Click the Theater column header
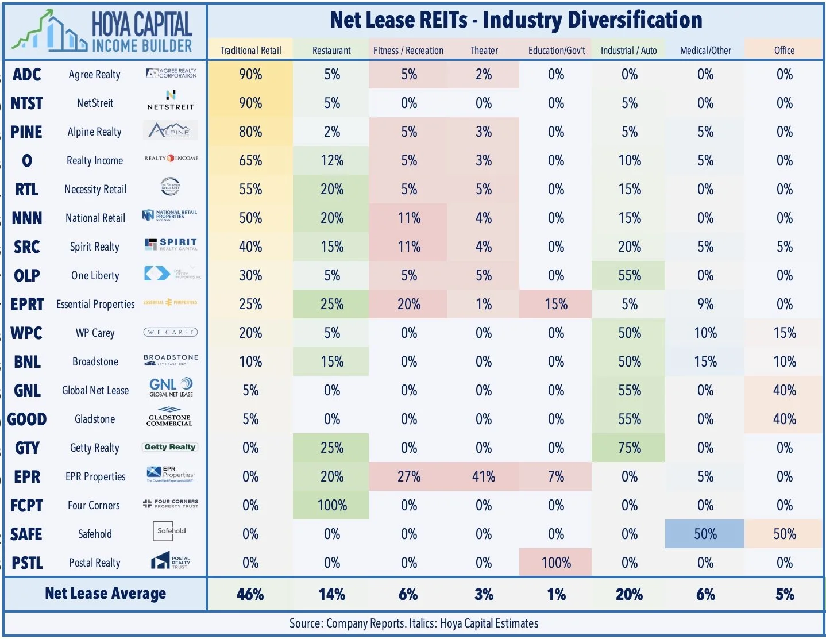pyautogui.click(x=484, y=51)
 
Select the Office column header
pyautogui.click(x=784, y=51)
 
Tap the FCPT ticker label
pyautogui.click(x=27, y=506)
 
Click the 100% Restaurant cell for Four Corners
pyautogui.click(x=332, y=506)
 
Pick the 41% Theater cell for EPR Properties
pyautogui.click(x=484, y=477)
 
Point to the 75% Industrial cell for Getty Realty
pyautogui.click(x=629, y=448)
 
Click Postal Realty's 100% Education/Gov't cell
pyautogui.click(x=556, y=563)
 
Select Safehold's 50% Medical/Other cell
pyautogui.click(x=705, y=534)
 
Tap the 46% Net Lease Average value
pyautogui.click(x=250, y=594)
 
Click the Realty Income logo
pyautogui.click(x=171, y=159)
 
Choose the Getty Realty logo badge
pyautogui.click(x=170, y=447)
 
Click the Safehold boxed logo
pyautogui.click(x=171, y=532)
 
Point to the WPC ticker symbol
pyautogui.click(x=27, y=333)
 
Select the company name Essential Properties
pyautogui.click(x=95, y=305)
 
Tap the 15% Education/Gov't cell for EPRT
pyautogui.click(x=556, y=305)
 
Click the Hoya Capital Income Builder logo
pyautogui.click(x=103, y=31)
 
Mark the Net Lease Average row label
pyautogui.click(x=105, y=594)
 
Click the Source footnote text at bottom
pyautogui.click(x=414, y=623)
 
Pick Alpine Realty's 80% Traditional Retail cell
pyautogui.click(x=250, y=132)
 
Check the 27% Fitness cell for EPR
pyautogui.click(x=408, y=477)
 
